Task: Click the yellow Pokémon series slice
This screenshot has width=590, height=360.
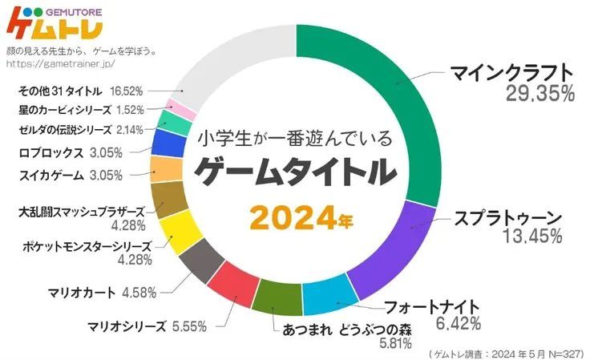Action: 181,230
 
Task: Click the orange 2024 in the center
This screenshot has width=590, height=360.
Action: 290,216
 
